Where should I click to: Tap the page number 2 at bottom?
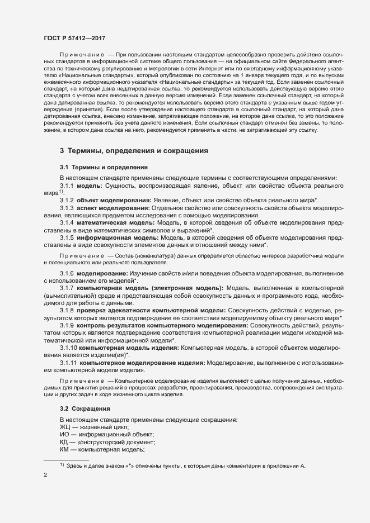coord(45,475)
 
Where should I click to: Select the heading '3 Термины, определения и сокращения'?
coord(134,151)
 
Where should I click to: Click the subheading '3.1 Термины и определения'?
coord(104,167)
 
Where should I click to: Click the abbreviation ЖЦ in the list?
coord(65,427)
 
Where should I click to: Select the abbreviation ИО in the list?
coord(65,434)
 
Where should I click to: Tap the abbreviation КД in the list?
coord(64,442)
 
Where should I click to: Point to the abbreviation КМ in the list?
coord(65,450)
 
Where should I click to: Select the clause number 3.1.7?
coord(67,288)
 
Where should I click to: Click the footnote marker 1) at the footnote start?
coord(63,464)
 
